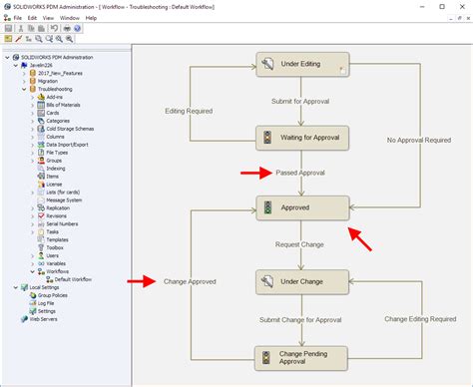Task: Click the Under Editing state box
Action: pyautogui.click(x=301, y=65)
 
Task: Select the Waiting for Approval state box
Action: pyautogui.click(x=301, y=138)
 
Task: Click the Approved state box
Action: pyautogui.click(x=302, y=208)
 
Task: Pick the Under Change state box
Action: pyautogui.click(x=301, y=282)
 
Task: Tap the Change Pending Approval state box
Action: pyautogui.click(x=301, y=356)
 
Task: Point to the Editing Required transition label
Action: pyautogui.click(x=190, y=111)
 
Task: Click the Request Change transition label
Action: pyautogui.click(x=300, y=244)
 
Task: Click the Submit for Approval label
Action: pyautogui.click(x=300, y=102)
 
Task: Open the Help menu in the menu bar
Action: pyautogui.click(x=91, y=18)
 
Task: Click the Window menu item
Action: pyautogui.click(x=70, y=18)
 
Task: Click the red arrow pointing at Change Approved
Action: pyautogui.click(x=141, y=281)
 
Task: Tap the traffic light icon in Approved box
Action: pyautogui.click(x=266, y=208)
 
